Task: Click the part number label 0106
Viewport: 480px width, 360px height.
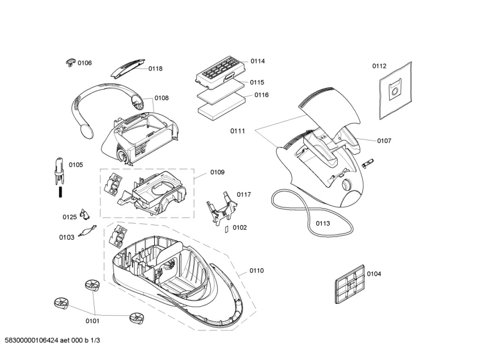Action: [x=84, y=63]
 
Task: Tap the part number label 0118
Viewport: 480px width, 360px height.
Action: [x=155, y=69]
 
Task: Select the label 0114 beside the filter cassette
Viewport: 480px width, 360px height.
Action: [x=258, y=61]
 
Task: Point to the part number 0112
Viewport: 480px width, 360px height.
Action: [x=379, y=66]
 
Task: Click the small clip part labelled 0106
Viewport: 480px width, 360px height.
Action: [x=70, y=61]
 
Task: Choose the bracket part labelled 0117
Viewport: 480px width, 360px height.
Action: [x=220, y=207]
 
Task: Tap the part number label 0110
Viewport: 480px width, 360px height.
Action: [x=256, y=271]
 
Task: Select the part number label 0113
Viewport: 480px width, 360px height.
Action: [x=322, y=223]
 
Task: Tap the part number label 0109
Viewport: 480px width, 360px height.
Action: [x=217, y=172]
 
